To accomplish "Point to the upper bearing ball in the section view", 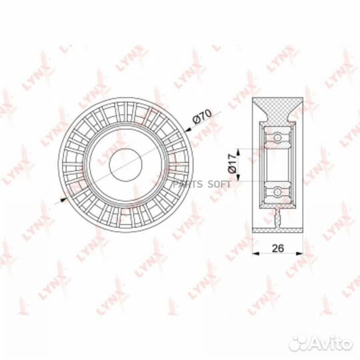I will (x=277, y=138).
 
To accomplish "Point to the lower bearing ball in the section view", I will (x=277, y=192).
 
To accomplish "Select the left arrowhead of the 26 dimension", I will (x=257, y=253).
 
